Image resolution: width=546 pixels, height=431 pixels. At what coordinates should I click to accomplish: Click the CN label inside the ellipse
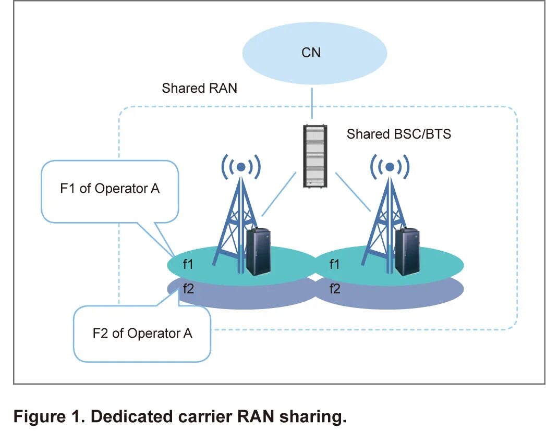pos(311,53)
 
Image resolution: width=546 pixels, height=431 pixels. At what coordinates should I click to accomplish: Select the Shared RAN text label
pos(199,88)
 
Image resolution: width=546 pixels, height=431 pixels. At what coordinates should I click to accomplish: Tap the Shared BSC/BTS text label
pos(398,134)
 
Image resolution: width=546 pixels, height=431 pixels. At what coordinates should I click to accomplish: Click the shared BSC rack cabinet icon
pos(314,156)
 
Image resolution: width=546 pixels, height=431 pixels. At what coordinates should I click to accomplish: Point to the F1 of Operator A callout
pos(110,189)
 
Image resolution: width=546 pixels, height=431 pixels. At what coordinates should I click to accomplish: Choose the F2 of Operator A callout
pos(142,333)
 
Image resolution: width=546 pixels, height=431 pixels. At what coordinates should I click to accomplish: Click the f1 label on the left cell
pos(188,265)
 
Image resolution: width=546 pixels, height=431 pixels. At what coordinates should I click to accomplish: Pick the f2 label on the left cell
pos(188,288)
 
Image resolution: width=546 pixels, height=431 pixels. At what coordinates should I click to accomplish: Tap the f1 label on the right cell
pos(334,265)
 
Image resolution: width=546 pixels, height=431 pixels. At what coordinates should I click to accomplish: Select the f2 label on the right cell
pos(334,288)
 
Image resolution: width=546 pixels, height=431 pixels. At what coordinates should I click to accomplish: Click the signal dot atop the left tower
pos(240,167)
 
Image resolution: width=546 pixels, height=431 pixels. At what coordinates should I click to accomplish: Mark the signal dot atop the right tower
pos(390,167)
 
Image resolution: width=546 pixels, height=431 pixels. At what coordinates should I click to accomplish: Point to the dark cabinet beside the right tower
pos(407,252)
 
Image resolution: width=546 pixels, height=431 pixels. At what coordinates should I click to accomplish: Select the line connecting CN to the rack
pos(311,103)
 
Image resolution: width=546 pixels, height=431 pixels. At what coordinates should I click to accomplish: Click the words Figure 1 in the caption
pos(47,417)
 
